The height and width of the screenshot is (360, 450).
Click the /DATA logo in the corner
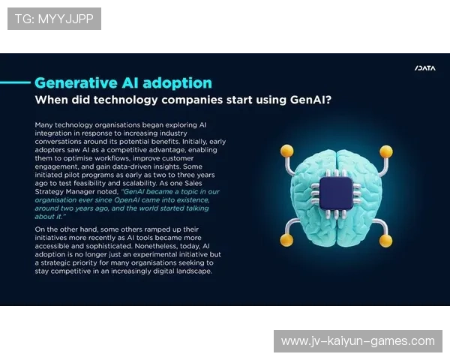tap(425, 68)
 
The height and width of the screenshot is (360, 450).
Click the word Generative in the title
tap(76, 83)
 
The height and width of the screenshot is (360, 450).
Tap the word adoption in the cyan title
tap(177, 83)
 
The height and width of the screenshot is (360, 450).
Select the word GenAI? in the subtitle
tap(310, 100)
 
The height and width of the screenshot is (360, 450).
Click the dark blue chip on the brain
tap(336, 193)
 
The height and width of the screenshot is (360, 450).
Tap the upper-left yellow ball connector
tap(286, 151)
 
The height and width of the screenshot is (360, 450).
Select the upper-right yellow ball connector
tap(386, 151)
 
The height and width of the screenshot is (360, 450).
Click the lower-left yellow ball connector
tap(286, 240)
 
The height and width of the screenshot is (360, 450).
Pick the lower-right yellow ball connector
tap(385, 241)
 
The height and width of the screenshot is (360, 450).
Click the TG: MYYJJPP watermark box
tap(54, 19)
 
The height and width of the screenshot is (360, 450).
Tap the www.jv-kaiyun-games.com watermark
tap(358, 341)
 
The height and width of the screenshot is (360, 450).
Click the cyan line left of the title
tap(15, 82)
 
